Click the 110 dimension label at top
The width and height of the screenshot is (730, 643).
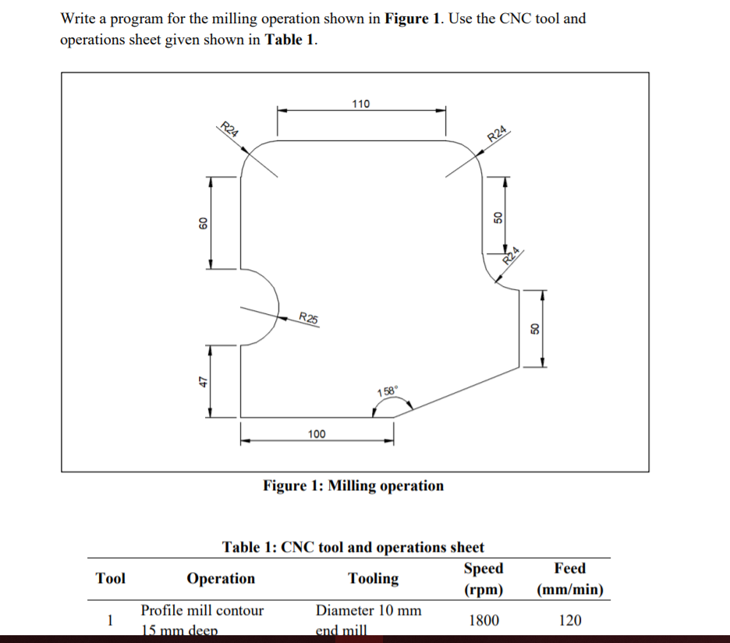point(361,104)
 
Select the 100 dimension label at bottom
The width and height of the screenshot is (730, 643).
point(317,433)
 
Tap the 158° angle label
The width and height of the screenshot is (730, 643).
point(388,391)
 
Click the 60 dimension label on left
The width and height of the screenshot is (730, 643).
point(202,224)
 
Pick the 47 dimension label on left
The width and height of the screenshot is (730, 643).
point(202,381)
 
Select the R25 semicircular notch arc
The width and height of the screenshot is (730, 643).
point(275,306)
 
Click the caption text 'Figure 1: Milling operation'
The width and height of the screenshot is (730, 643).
point(353,486)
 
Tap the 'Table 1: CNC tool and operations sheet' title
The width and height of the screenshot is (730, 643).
point(353,547)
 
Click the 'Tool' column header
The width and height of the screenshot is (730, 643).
point(110,578)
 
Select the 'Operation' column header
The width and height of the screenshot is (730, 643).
point(221,578)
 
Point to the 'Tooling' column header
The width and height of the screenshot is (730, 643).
point(373,578)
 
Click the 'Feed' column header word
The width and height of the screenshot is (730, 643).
point(569,568)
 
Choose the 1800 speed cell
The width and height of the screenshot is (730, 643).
point(484,620)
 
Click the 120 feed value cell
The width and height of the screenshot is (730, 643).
point(569,620)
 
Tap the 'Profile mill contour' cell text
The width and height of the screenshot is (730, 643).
point(202,610)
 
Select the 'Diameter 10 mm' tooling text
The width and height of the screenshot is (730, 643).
point(368,610)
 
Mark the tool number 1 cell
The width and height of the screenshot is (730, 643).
point(110,620)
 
